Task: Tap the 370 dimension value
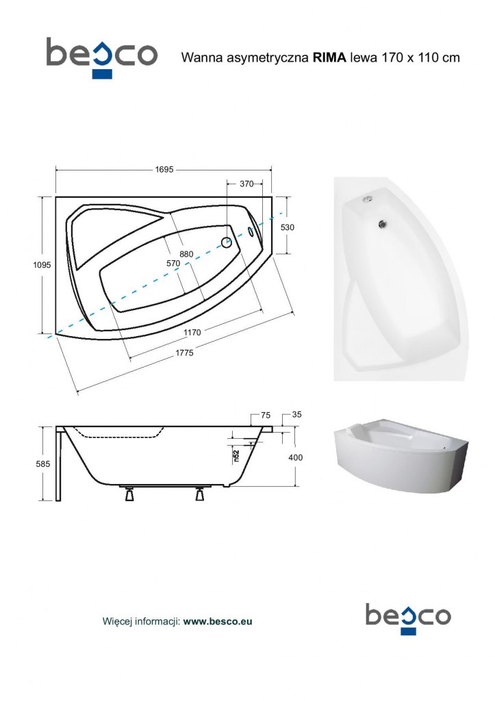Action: click(x=247, y=183)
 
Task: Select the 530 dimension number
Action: click(x=288, y=227)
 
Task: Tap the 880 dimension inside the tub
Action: click(x=187, y=254)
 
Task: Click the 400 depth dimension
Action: click(x=296, y=457)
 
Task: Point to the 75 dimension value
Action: click(x=266, y=415)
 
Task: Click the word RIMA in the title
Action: click(x=330, y=58)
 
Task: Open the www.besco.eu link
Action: click(x=218, y=622)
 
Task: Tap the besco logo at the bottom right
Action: click(x=407, y=616)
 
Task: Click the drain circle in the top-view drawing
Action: click(x=227, y=242)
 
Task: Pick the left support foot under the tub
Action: click(x=128, y=494)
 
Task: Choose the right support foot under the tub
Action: click(x=200, y=494)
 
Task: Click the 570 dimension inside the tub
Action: click(x=173, y=263)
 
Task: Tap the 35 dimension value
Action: click(x=296, y=415)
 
